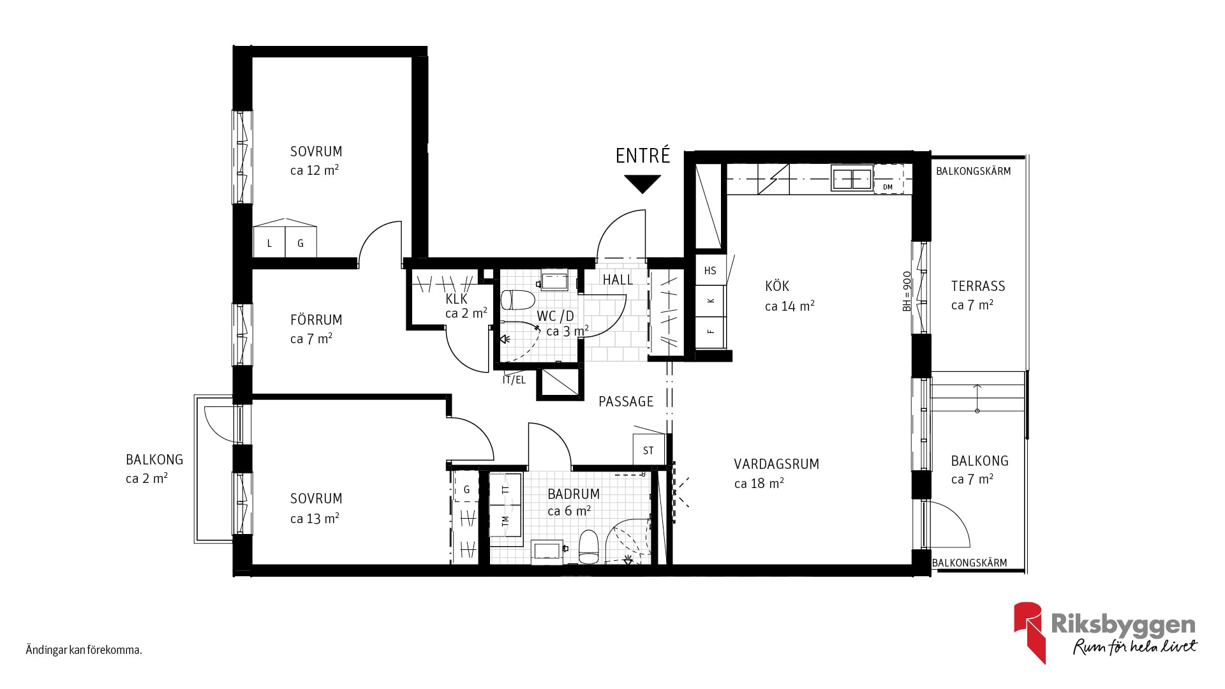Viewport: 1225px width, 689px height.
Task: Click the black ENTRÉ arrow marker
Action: pyautogui.click(x=642, y=184)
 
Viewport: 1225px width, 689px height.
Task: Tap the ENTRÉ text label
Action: pyautogui.click(x=643, y=156)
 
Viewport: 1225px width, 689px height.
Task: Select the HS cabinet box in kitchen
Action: pyautogui.click(x=710, y=270)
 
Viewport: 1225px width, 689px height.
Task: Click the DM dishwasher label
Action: pyautogui.click(x=887, y=187)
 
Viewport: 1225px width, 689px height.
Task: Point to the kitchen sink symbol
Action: pyautogui.click(x=852, y=179)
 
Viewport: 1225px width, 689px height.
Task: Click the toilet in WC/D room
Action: pyautogui.click(x=517, y=299)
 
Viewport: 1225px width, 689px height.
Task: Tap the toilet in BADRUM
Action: pyautogui.click(x=588, y=547)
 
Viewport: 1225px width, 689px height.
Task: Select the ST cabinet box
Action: pyautogui.click(x=649, y=450)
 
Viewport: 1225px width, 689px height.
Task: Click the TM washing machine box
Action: pyautogui.click(x=506, y=520)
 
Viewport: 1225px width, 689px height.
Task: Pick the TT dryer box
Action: pyautogui.click(x=506, y=489)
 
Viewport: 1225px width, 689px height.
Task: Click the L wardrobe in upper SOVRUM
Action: pyautogui.click(x=269, y=242)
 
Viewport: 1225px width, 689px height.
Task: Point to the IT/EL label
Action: pyautogui.click(x=514, y=380)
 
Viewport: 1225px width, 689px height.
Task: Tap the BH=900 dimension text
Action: pyautogui.click(x=907, y=291)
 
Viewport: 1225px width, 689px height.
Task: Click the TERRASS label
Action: pyautogui.click(x=978, y=286)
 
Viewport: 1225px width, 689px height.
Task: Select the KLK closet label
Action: pyautogui.click(x=456, y=299)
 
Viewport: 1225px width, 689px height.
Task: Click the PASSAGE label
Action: pyautogui.click(x=626, y=401)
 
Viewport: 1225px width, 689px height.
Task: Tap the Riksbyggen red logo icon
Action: pyautogui.click(x=1030, y=632)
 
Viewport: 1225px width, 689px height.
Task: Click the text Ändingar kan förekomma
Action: pyautogui.click(x=84, y=651)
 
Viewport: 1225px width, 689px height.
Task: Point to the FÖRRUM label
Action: pyautogui.click(x=316, y=320)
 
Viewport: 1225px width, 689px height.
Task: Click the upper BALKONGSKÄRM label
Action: pyautogui.click(x=974, y=171)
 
